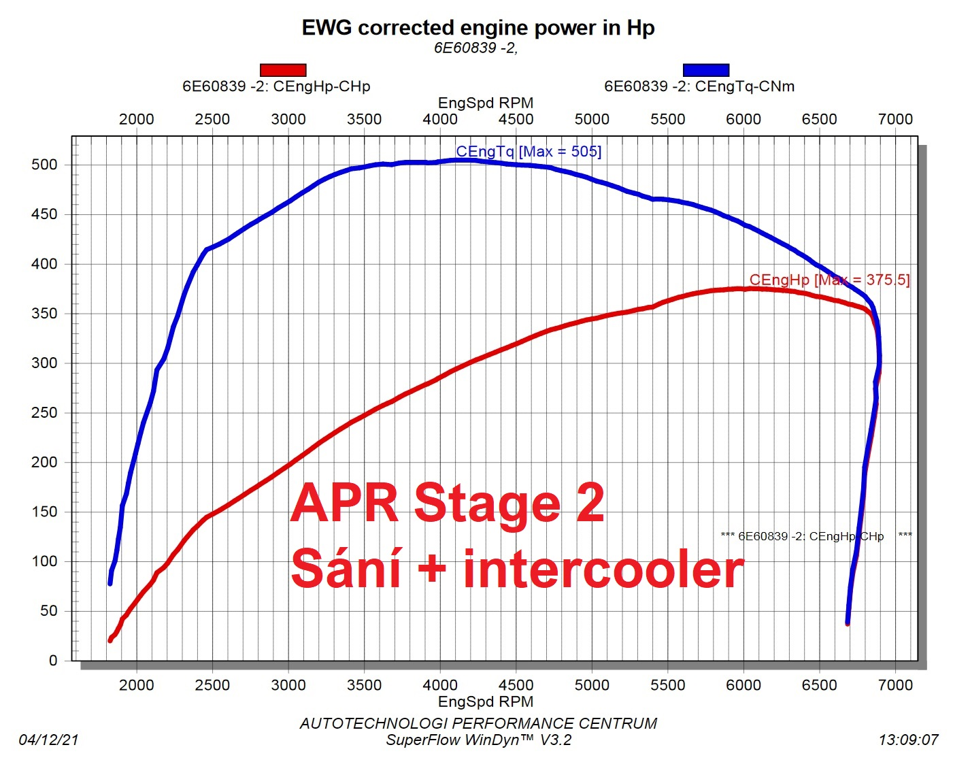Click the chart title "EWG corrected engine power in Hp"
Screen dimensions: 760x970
point(478,28)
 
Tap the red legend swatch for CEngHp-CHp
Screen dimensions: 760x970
point(283,70)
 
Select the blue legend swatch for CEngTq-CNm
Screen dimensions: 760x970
point(706,70)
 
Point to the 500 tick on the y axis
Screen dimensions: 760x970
point(44,165)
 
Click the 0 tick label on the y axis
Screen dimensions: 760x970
point(53,661)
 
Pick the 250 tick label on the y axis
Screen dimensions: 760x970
point(44,413)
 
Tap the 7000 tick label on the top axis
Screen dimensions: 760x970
point(895,119)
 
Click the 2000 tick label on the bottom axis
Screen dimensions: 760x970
point(136,685)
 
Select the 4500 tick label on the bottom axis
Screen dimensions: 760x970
point(516,685)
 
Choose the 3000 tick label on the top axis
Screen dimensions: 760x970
point(288,119)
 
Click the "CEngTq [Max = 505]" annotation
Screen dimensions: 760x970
point(529,152)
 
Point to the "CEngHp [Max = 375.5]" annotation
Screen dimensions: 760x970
point(829,280)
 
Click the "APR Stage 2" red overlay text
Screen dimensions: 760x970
point(448,503)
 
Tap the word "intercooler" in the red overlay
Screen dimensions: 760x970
point(603,569)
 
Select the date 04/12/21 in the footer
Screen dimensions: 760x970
point(48,740)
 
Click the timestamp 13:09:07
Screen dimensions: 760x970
point(908,740)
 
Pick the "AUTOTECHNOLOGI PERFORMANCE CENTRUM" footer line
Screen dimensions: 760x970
point(478,723)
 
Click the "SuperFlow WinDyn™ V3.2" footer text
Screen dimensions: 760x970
point(478,740)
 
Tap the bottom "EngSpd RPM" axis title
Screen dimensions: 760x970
point(485,701)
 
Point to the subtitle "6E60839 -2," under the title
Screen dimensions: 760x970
point(475,48)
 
